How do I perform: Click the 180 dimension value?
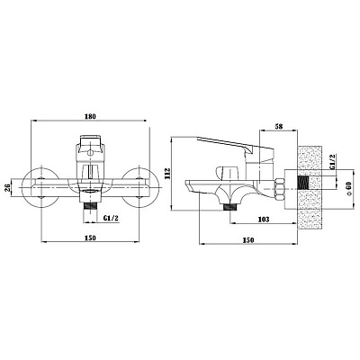90,116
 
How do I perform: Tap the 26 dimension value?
8,188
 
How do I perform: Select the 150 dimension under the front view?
90,238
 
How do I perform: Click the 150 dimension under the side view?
248,240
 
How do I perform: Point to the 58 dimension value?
279,126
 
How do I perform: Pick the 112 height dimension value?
167,174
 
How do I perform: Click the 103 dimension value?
264,220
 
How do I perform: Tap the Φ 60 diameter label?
348,189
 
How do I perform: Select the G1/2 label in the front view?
111,218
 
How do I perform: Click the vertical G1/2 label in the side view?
334,162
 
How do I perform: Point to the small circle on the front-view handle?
89,154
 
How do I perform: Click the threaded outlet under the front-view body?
90,205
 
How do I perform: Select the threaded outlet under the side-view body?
230,207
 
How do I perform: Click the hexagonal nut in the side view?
280,189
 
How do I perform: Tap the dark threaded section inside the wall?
302,183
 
